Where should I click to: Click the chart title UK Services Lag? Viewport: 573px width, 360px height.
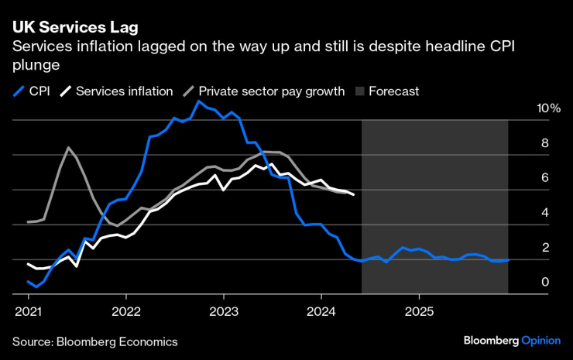point(75,28)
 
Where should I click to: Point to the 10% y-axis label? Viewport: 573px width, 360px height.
point(548,108)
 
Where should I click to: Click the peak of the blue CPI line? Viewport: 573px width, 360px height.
point(199,101)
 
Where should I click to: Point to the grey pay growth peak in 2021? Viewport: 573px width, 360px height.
point(68,147)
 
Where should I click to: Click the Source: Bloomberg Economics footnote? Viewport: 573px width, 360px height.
point(94,341)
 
